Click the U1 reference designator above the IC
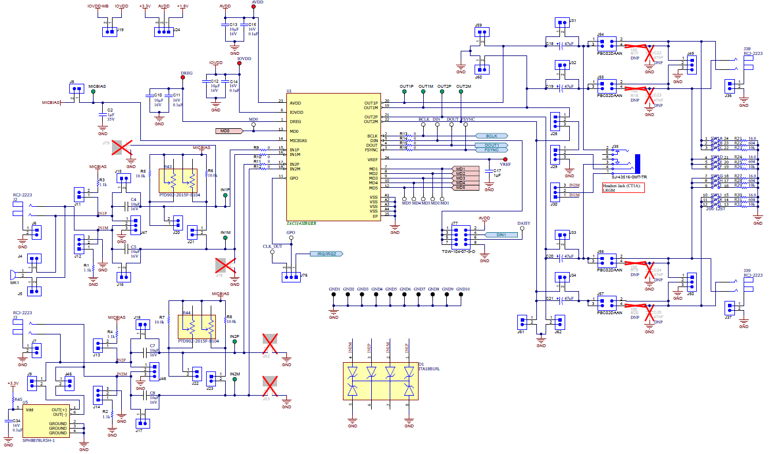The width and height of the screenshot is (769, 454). tap(289, 91)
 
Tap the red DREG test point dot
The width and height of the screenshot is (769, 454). tap(183, 79)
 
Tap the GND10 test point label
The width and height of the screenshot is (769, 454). tap(462, 289)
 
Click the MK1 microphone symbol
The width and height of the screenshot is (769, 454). tap(12, 274)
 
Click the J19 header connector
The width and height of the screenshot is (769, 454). tap(109, 32)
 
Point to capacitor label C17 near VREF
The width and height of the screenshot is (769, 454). tap(497, 171)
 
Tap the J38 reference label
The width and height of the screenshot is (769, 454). tap(747, 49)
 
